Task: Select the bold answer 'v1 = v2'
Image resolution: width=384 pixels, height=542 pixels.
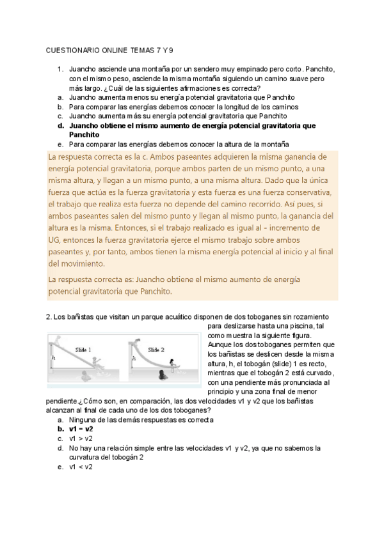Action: pyautogui.click(x=81, y=429)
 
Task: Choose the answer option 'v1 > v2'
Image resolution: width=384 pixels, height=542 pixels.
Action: pyautogui.click(x=81, y=438)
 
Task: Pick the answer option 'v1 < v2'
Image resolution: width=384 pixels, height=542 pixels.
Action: pyautogui.click(x=81, y=467)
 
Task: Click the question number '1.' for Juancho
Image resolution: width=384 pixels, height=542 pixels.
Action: pyautogui.click(x=60, y=69)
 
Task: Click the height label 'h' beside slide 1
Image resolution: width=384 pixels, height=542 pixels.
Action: pyautogui.click(x=53, y=359)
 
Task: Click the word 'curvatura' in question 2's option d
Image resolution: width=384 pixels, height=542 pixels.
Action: pyautogui.click(x=84, y=457)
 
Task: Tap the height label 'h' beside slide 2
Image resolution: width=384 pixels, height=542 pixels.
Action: pyautogui.click(x=133, y=359)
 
